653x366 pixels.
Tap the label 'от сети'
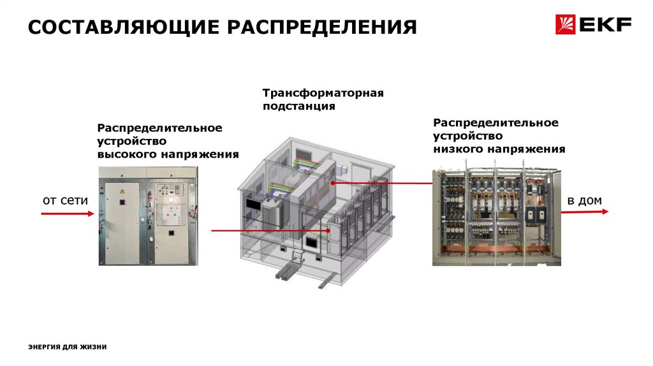click(65, 201)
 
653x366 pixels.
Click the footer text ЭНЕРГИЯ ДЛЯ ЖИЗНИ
click(68, 347)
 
